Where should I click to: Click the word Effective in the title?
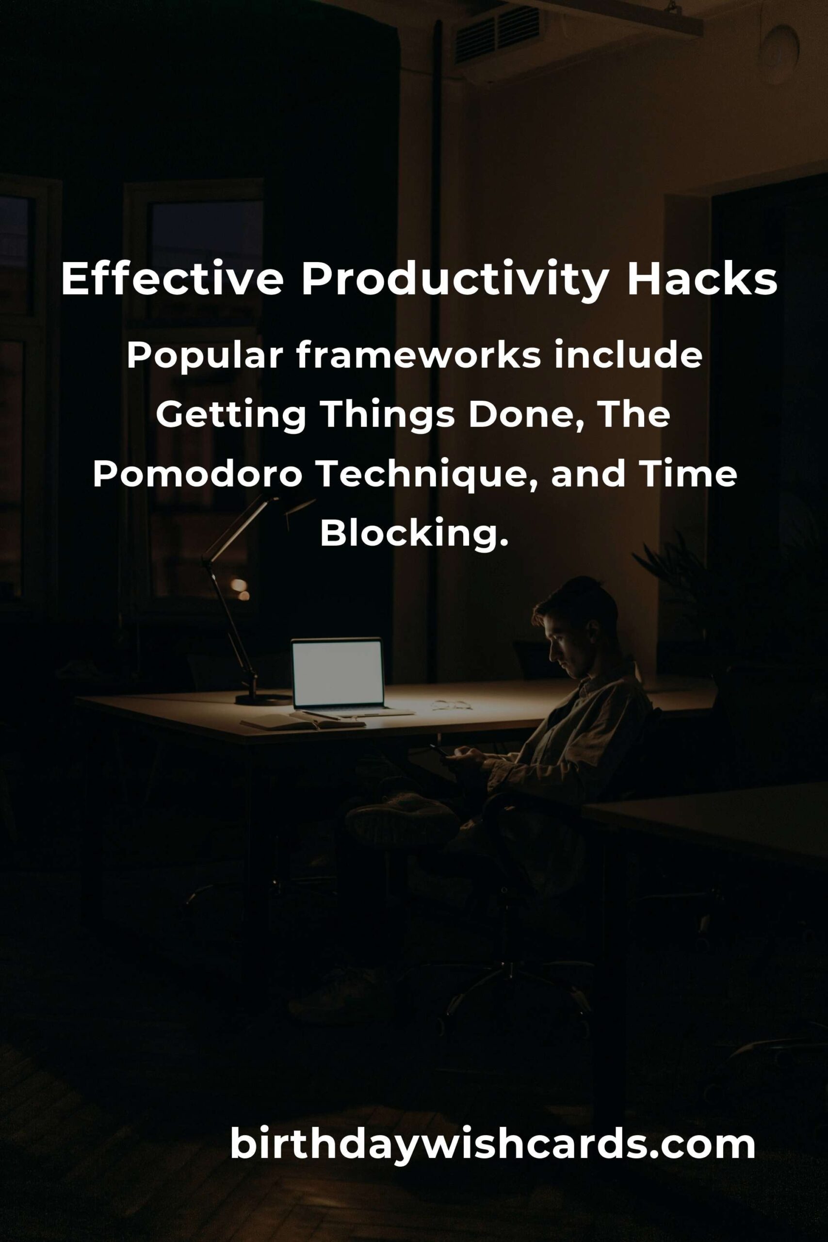point(172,279)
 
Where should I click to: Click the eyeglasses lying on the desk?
point(452,704)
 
